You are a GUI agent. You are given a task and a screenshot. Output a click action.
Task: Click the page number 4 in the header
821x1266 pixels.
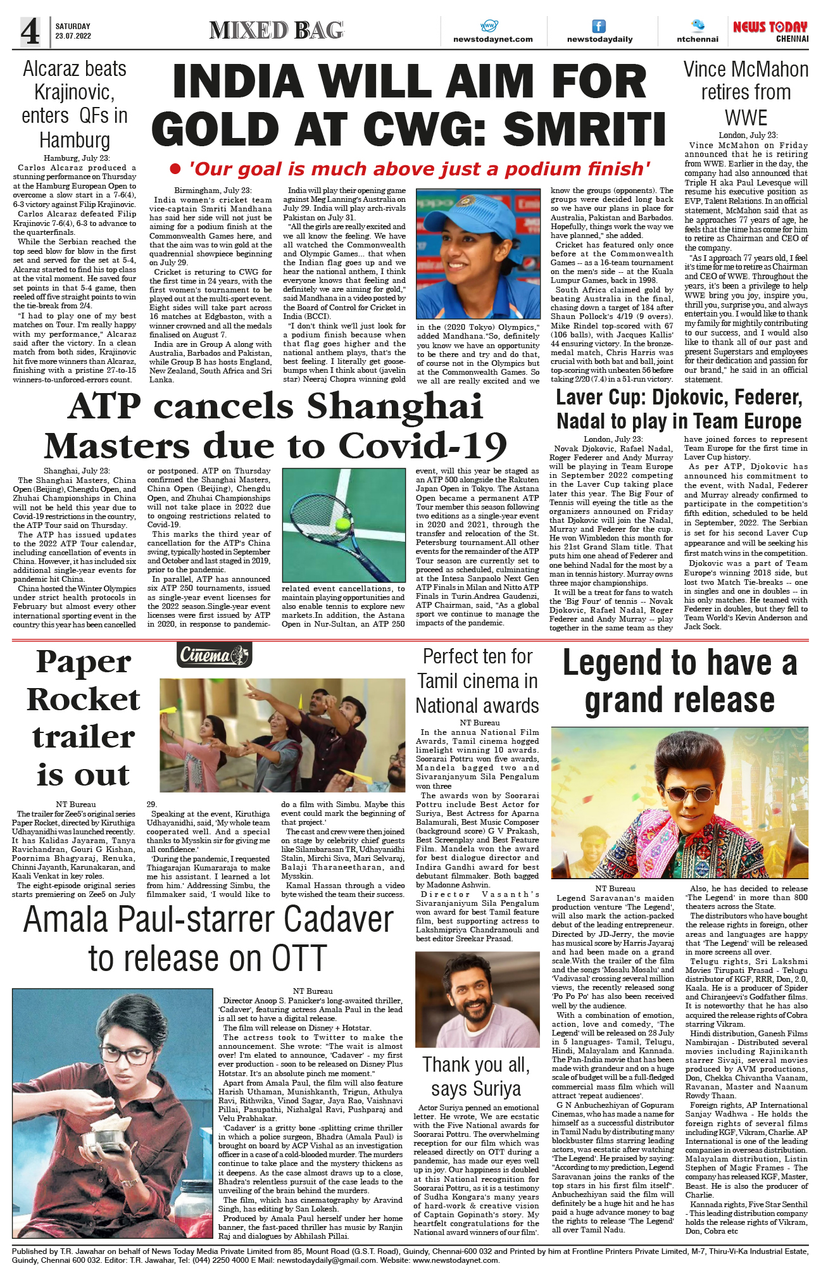[30, 32]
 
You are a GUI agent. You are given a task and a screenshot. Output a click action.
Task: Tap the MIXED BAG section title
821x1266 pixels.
[276, 30]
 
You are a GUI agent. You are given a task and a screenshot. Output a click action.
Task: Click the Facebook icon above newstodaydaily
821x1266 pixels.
[598, 26]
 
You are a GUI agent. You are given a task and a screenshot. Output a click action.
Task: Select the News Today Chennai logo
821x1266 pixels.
[770, 31]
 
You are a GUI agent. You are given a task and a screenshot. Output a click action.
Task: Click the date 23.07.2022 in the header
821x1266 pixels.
[73, 36]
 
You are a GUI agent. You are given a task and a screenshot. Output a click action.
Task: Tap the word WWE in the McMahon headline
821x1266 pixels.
[746, 118]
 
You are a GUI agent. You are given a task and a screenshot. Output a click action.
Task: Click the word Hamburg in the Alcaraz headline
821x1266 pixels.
[75, 140]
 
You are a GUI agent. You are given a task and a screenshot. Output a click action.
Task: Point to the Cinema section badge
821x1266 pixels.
[215, 655]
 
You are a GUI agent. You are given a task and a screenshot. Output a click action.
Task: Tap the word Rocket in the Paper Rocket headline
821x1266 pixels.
[84, 699]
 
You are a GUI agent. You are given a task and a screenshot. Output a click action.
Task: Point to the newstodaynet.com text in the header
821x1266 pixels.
[493, 39]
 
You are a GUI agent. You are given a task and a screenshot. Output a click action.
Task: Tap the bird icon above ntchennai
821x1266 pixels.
[698, 25]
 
